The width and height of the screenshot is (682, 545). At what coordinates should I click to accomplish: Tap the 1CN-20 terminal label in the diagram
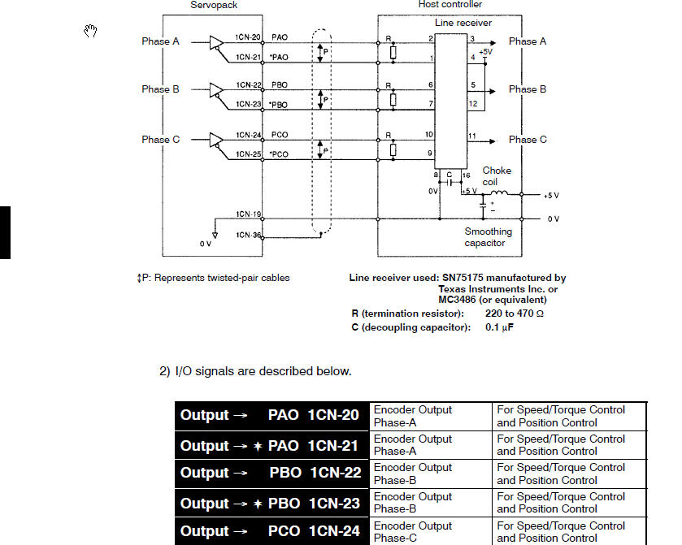[249, 37]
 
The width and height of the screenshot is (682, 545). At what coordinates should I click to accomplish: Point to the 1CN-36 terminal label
[249, 236]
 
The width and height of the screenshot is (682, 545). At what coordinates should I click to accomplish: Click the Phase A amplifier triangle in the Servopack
[216, 41]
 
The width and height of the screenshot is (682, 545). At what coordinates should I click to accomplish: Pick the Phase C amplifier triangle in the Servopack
[216, 140]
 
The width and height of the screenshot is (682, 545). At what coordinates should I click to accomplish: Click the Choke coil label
[497, 176]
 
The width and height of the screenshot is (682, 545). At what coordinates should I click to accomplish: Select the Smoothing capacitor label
[489, 237]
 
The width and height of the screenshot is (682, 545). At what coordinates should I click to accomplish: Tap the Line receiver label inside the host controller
[463, 23]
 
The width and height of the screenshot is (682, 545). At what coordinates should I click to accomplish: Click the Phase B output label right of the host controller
[528, 89]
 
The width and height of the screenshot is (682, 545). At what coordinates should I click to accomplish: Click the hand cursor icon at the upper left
[92, 32]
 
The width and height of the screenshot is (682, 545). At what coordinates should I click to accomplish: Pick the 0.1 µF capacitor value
[500, 327]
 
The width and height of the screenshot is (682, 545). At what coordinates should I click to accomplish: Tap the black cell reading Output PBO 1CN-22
[271, 474]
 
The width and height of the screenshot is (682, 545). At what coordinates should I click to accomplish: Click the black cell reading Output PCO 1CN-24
[271, 531]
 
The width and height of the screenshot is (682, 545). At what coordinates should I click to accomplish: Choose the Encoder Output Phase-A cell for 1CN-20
[430, 416]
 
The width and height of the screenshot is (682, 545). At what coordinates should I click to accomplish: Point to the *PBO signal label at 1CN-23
[280, 105]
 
